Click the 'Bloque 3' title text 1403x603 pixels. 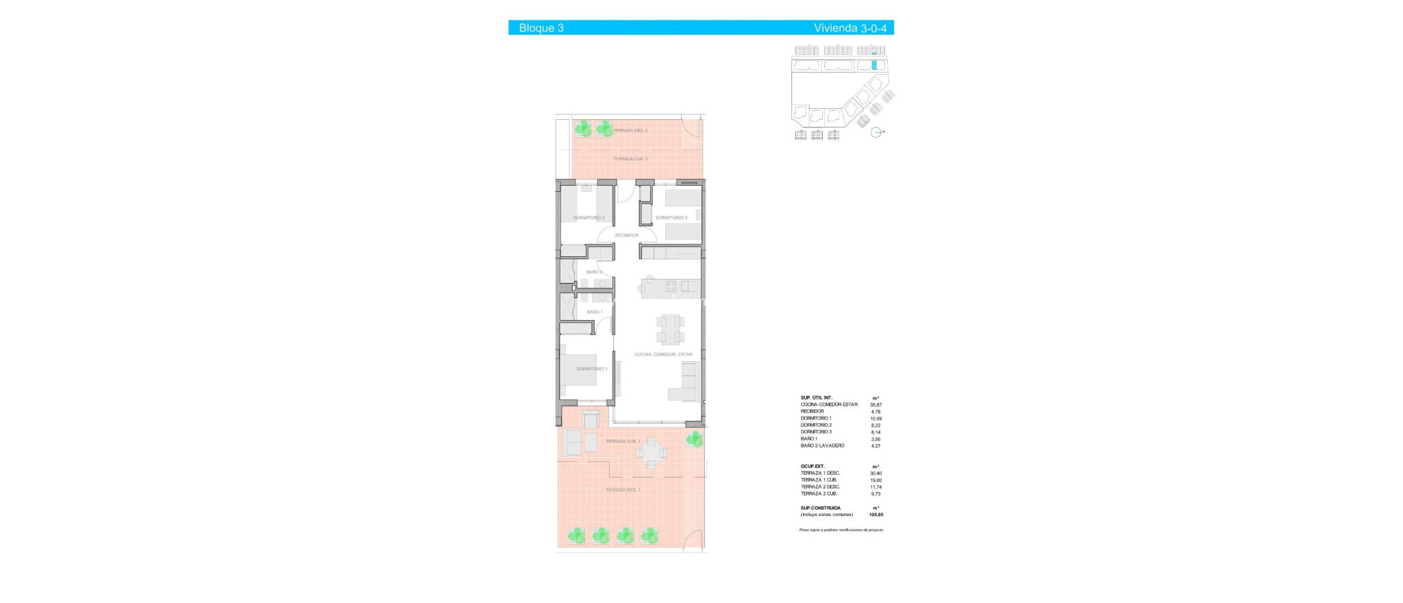[541, 28]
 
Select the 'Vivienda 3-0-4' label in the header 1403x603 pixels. [849, 28]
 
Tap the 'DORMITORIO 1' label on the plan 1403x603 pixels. [591, 369]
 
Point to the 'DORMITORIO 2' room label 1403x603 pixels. [589, 218]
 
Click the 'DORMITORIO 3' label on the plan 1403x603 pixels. [671, 218]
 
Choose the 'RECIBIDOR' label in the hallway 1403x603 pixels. [627, 235]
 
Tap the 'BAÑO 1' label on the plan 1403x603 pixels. [595, 312]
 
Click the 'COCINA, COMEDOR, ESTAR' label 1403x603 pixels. [663, 354]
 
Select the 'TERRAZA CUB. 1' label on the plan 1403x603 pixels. [623, 441]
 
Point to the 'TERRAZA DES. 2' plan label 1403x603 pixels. [630, 130]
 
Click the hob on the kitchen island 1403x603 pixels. [671, 286]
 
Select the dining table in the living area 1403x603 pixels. [670, 328]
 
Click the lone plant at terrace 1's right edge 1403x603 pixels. [695, 439]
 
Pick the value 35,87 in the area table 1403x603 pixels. [876, 405]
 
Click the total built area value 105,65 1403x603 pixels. [876, 515]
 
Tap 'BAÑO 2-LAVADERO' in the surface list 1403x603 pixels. [822, 445]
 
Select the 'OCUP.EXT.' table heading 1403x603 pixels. [812, 466]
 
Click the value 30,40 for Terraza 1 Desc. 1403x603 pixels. [876, 473]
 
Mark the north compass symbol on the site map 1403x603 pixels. [876, 132]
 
